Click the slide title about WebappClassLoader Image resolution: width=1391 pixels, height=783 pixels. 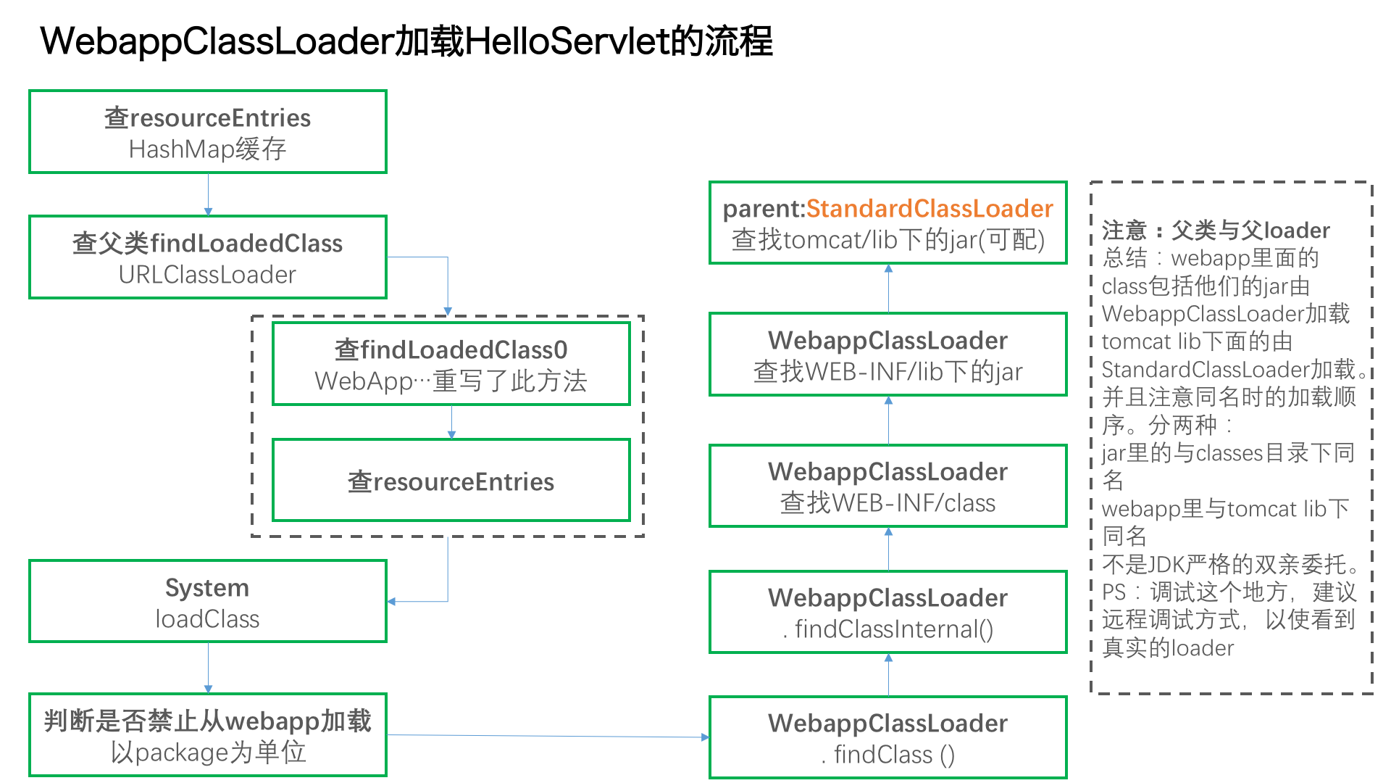coord(406,41)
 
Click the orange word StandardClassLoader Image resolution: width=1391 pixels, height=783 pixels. coord(930,209)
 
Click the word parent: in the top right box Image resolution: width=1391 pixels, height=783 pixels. coord(764,210)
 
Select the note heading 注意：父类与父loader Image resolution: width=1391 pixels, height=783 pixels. coord(1216,230)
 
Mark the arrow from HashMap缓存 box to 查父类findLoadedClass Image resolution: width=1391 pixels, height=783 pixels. coord(208,194)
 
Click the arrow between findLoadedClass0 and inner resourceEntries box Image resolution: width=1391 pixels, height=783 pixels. coord(451,422)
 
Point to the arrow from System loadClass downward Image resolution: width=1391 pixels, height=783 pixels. coord(208,668)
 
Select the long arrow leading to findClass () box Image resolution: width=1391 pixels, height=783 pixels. coord(548,737)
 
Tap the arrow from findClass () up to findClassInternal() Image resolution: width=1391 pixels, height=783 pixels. coord(888,675)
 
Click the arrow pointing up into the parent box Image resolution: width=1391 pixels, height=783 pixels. coord(888,289)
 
